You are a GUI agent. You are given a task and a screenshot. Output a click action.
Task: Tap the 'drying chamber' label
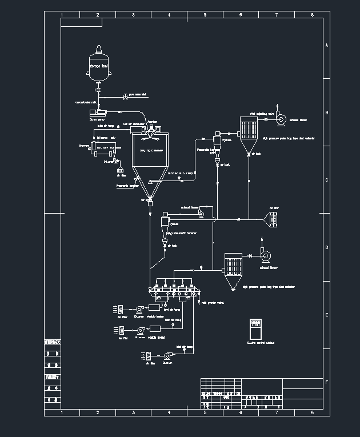click(151, 150)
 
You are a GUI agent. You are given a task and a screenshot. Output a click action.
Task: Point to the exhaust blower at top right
click(281, 119)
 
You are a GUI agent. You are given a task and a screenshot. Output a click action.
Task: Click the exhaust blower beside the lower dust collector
click(266, 255)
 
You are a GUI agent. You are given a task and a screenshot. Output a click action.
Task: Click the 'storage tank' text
click(98, 66)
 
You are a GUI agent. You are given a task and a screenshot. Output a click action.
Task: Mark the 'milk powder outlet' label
click(213, 303)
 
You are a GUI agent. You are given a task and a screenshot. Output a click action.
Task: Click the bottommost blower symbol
click(167, 355)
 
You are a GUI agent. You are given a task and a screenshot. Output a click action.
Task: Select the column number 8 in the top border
click(312, 14)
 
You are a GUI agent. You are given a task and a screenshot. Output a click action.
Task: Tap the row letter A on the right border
click(326, 45)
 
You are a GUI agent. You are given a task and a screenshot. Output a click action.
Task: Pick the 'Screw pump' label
click(97, 120)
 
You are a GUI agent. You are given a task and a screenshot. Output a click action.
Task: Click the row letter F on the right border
click(326, 382)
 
